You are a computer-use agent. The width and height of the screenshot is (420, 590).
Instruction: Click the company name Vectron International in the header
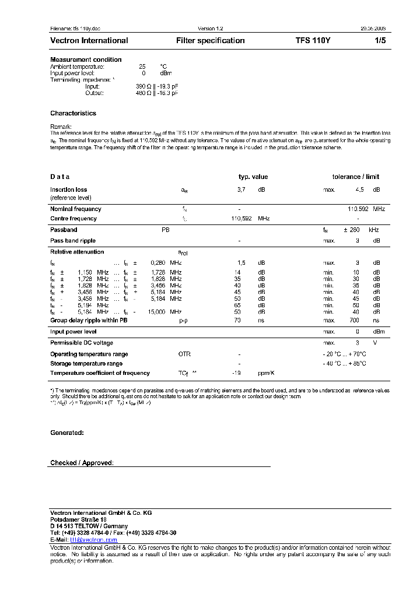coord(89,41)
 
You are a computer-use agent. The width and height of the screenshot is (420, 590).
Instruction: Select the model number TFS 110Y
coord(313,41)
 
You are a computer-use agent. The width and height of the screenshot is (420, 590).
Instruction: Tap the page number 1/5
coord(379,41)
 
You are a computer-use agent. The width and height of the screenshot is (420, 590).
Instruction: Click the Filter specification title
coord(210,41)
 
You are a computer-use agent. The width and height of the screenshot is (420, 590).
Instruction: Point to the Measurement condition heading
coord(86,59)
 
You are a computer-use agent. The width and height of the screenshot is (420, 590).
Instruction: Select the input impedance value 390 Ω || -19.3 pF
coord(156,86)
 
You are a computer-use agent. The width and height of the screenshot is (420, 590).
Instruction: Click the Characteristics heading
coord(73,113)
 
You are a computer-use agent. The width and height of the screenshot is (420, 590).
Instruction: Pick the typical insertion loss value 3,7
coord(241,190)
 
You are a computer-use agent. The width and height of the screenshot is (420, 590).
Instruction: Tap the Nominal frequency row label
coord(75,209)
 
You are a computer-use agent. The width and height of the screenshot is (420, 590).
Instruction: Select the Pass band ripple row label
coord(72,240)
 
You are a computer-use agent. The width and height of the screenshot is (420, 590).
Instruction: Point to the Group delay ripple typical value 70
coord(237,320)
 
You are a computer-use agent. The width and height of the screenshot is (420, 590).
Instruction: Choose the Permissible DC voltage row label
coord(82,343)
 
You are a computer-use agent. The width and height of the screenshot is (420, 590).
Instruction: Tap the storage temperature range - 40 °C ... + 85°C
coord(344,364)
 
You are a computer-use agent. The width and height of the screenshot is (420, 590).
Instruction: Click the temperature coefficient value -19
coord(236,373)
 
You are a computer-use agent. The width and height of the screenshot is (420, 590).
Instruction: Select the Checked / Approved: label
coord(82,463)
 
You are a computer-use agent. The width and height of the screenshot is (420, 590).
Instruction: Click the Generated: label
coord(66,433)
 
